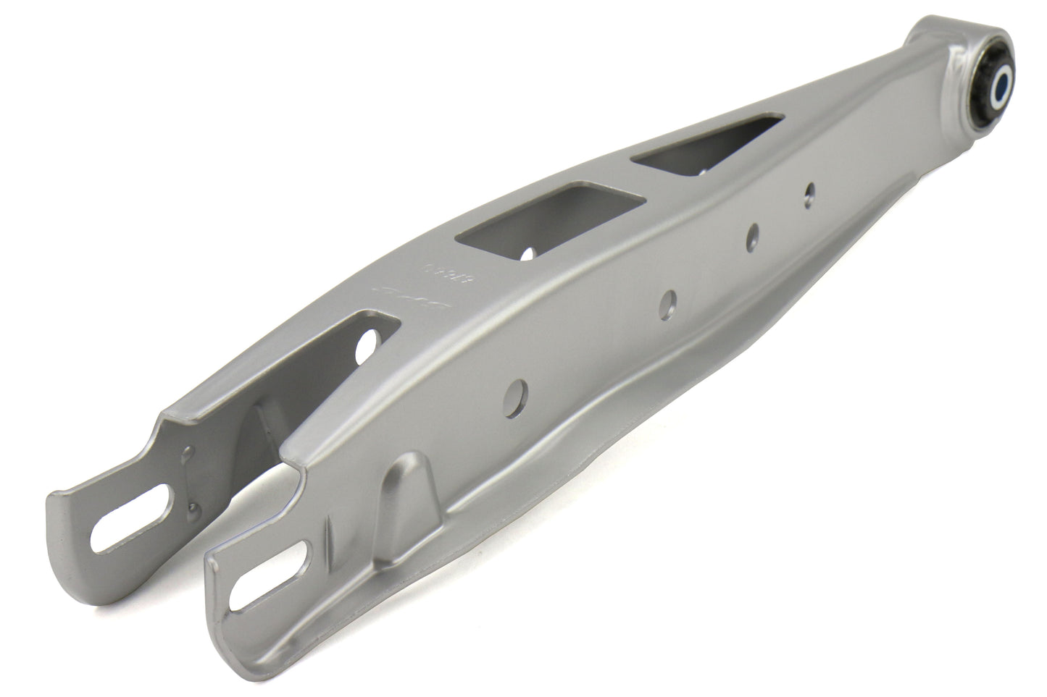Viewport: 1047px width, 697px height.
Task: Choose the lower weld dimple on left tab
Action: [196, 507]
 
